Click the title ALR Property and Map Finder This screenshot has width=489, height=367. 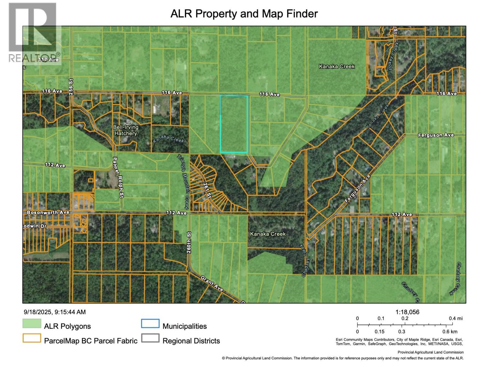tap(244, 14)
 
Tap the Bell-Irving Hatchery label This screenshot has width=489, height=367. tap(126, 130)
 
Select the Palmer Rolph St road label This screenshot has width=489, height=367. tap(118, 178)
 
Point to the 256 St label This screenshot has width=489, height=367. tap(71, 87)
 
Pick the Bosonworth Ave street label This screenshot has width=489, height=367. tap(48, 212)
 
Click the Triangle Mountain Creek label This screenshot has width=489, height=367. tap(184, 182)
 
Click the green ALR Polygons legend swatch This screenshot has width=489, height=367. tap(32, 324)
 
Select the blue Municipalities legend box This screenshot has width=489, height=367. tap(150, 324)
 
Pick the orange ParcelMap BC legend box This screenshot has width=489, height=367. tap(32, 338)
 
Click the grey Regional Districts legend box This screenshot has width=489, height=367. tap(150, 338)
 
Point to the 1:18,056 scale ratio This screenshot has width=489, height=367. tap(407, 312)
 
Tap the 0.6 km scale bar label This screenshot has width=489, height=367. tap(450, 332)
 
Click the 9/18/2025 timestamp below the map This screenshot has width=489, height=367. tap(55, 312)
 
